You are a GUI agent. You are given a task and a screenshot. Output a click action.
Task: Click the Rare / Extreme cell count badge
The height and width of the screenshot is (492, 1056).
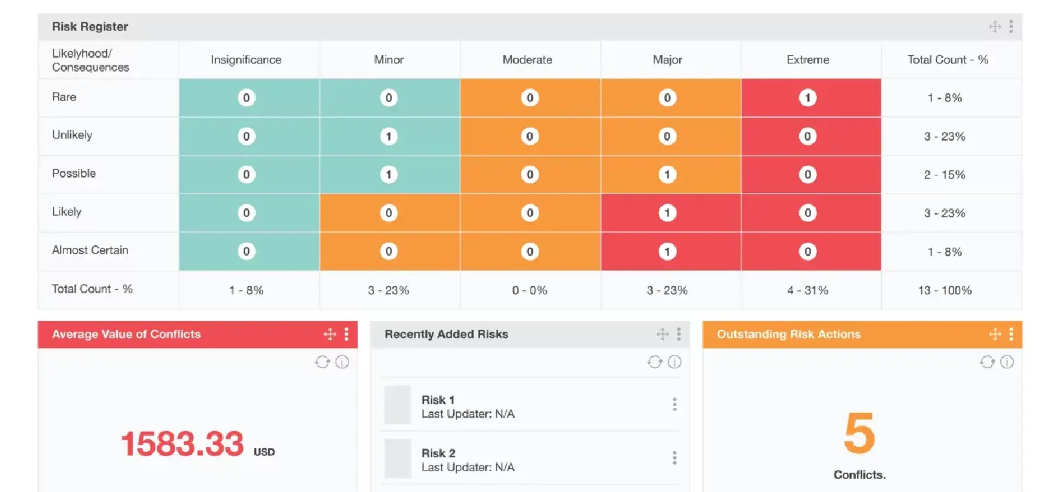(x=807, y=98)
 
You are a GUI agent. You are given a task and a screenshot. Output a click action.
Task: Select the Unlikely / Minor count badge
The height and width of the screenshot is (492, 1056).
(x=389, y=136)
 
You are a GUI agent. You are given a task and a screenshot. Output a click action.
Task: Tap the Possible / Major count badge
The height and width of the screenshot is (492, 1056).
(x=667, y=174)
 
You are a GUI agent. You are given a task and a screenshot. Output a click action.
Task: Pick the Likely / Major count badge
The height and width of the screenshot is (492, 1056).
(x=667, y=212)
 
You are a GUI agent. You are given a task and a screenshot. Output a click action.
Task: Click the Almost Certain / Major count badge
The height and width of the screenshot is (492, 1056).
(x=667, y=251)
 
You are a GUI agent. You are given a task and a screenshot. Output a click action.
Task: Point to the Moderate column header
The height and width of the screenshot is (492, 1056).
(x=527, y=60)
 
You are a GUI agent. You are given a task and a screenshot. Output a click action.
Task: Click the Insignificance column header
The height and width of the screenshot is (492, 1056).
(x=246, y=60)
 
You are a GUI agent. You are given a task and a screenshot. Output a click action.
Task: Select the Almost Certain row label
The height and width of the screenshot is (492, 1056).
(x=90, y=250)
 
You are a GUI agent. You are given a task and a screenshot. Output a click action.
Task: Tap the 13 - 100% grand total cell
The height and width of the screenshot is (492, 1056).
(x=945, y=290)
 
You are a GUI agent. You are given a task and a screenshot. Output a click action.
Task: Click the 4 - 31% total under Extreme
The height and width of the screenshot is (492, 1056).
(x=807, y=290)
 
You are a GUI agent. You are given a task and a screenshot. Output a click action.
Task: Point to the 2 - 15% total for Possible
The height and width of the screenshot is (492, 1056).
(x=945, y=175)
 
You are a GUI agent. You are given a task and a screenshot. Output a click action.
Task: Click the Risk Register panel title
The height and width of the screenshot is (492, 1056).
(x=90, y=27)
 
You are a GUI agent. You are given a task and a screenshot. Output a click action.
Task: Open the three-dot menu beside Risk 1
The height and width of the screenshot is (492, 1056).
(x=674, y=405)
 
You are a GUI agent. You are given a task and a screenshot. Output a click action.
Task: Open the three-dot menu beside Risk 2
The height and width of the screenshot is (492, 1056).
(x=674, y=458)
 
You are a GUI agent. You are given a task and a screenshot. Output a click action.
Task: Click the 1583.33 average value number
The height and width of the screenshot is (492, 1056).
(x=183, y=444)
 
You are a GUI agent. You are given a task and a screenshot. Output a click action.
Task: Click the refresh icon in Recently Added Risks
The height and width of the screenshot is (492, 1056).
(x=654, y=362)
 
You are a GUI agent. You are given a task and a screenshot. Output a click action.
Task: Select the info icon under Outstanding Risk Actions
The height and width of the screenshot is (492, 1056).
(x=1007, y=362)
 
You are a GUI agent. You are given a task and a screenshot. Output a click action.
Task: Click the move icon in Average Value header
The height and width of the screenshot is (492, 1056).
(x=330, y=334)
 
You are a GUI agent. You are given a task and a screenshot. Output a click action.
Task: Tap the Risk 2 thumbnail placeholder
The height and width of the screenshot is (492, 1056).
(x=398, y=458)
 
